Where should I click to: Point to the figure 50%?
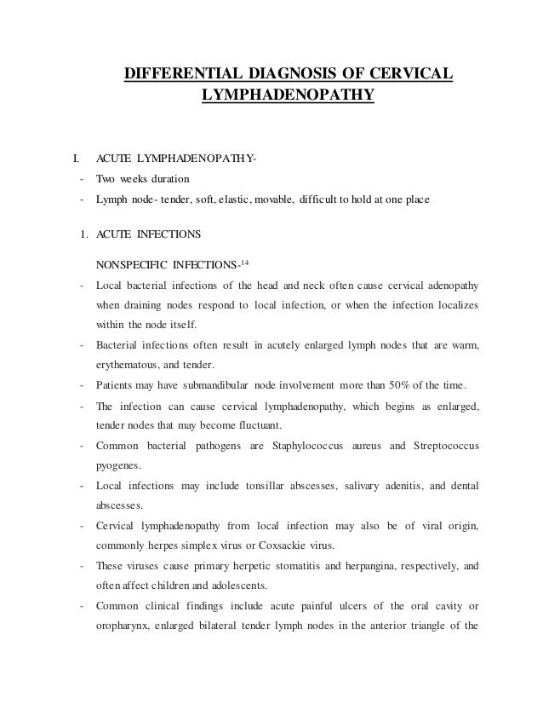[397, 379]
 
